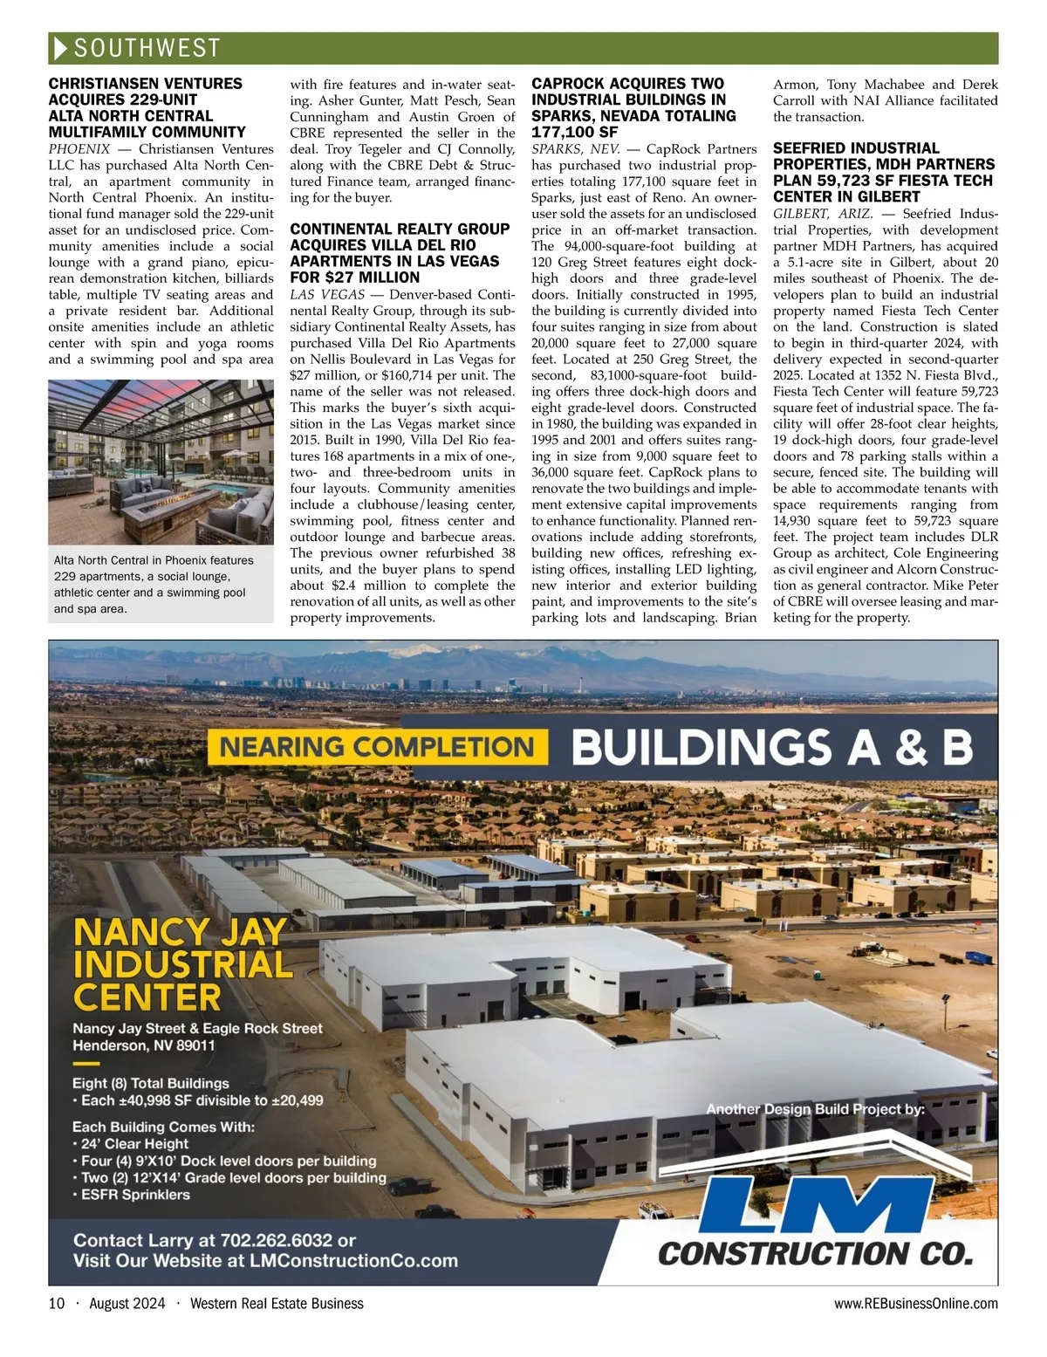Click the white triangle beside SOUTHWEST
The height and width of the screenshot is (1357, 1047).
click(x=60, y=48)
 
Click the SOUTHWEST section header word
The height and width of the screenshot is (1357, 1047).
click(x=147, y=48)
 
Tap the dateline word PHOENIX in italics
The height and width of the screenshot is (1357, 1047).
click(x=79, y=149)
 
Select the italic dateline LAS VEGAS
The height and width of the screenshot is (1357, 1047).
click(x=327, y=294)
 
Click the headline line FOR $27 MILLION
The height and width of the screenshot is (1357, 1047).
click(x=354, y=278)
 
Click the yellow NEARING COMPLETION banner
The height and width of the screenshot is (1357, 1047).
click(x=376, y=747)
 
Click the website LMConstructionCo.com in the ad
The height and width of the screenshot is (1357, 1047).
click(x=353, y=1261)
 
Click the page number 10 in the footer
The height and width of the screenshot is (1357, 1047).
click(x=57, y=1304)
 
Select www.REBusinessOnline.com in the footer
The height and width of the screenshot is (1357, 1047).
click(x=915, y=1304)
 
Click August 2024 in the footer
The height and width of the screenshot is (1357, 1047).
click(x=127, y=1304)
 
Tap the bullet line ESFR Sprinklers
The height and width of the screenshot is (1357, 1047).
click(x=135, y=1195)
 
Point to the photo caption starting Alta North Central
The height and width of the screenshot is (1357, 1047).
click(x=154, y=585)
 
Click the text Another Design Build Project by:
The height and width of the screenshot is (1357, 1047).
click(x=816, y=1109)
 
